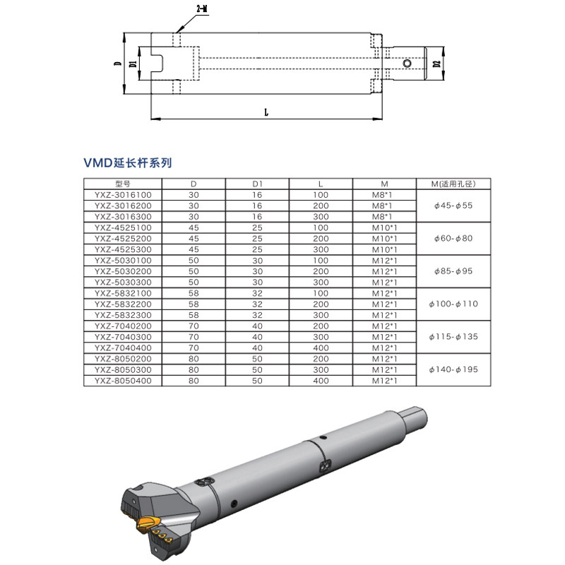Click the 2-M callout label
click(x=203, y=8)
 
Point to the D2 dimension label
click(x=436, y=64)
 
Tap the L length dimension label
click(x=266, y=112)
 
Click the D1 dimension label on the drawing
click(x=133, y=64)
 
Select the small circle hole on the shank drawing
click(x=408, y=64)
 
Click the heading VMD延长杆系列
click(x=128, y=163)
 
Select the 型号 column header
click(x=122, y=184)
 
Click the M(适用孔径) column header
click(x=453, y=184)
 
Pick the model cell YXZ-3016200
click(x=123, y=206)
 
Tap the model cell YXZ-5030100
click(x=123, y=261)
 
